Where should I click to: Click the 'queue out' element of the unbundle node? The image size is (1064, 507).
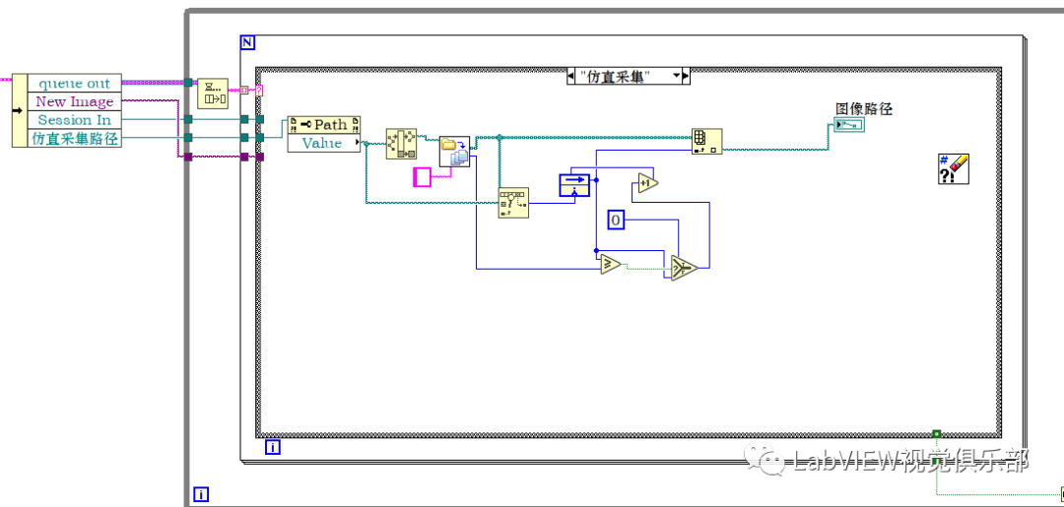(74, 84)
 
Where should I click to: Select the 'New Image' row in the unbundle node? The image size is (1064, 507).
(75, 101)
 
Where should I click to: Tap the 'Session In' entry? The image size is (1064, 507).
(75, 120)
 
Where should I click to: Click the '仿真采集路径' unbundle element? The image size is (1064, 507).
(75, 139)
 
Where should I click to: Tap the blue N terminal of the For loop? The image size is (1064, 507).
(247, 42)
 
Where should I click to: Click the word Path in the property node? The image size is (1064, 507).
(330, 125)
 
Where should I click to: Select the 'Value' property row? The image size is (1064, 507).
(322, 143)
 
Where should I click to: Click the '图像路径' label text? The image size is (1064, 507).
(863, 108)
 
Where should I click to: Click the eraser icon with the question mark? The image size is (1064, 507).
(954, 169)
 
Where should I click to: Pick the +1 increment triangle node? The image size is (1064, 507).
(646, 183)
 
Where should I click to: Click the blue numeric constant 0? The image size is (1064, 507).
(616, 221)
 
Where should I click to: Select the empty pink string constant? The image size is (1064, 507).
(422, 178)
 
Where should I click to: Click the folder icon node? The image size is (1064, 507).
(454, 152)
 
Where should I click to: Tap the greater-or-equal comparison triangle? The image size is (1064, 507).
(610, 263)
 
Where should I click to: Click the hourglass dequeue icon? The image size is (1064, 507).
(213, 93)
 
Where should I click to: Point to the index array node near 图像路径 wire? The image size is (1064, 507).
(706, 140)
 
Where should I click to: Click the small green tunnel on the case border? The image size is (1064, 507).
(936, 433)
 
